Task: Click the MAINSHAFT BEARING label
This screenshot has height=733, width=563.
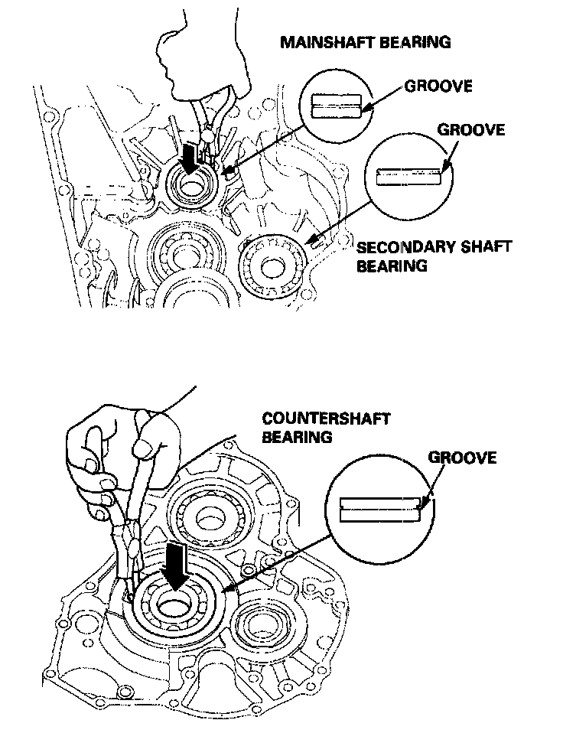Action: [365, 43]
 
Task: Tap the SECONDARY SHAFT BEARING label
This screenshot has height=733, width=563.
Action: [434, 256]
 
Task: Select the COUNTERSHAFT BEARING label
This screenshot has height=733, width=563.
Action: [326, 428]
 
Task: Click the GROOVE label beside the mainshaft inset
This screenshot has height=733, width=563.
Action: [438, 86]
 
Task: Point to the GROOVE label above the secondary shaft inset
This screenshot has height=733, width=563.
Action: [470, 129]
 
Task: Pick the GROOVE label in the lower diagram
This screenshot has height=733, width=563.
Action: [462, 458]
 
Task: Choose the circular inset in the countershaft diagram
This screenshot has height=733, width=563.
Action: [379, 506]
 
